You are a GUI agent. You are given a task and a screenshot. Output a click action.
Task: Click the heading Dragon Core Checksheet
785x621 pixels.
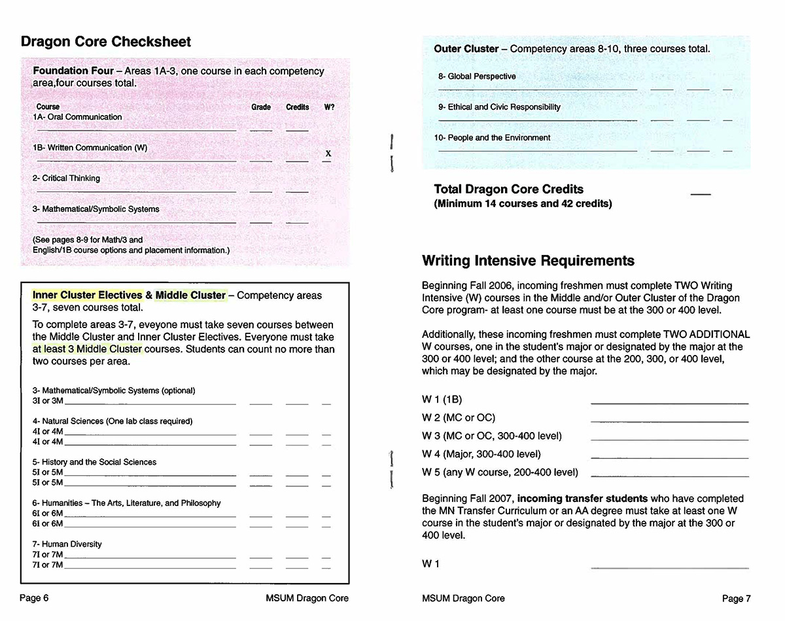point(106,42)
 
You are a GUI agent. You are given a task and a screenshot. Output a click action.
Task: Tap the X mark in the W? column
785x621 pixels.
point(328,154)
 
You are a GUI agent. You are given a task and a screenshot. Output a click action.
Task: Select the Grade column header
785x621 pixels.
point(261,107)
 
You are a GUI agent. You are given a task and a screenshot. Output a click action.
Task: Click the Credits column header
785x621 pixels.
point(297,107)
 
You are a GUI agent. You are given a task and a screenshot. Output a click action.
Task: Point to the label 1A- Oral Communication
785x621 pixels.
point(77,117)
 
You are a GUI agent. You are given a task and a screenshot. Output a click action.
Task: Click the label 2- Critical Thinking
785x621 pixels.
point(66,178)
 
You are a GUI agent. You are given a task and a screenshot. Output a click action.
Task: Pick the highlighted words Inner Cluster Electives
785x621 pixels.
point(87,295)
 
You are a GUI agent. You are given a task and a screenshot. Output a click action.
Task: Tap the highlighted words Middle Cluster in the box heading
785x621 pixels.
point(190,295)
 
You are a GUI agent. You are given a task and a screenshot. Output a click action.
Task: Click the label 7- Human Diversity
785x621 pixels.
point(67,544)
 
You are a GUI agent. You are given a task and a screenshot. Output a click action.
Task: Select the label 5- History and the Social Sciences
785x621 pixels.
point(94,462)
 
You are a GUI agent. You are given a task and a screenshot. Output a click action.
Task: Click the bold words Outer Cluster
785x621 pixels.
point(466,49)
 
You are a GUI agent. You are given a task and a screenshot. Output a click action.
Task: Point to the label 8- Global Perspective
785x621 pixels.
point(477,76)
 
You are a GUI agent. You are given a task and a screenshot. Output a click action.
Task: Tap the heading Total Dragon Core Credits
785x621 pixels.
point(508,190)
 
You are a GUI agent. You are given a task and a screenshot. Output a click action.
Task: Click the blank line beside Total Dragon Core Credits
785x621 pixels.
point(700,194)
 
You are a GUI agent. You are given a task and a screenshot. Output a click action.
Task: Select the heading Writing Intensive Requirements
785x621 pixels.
point(528,261)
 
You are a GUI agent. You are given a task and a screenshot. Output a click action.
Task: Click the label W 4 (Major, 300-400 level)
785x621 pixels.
point(481,454)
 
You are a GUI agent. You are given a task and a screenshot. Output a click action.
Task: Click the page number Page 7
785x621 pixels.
point(736,598)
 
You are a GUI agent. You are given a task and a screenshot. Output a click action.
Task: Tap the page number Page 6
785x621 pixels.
point(34,598)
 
